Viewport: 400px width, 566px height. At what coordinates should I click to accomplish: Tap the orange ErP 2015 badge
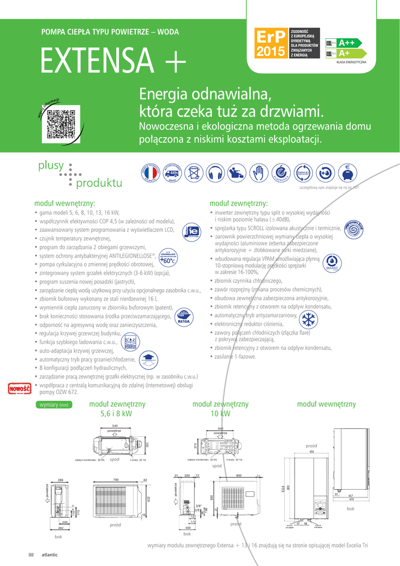click(x=270, y=44)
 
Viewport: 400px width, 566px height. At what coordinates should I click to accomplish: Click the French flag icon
click(x=152, y=172)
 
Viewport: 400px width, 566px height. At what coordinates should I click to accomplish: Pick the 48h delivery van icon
click(x=173, y=172)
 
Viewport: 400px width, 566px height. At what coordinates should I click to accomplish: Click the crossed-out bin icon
click(x=194, y=172)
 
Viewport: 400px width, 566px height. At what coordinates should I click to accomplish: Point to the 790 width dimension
click(x=116, y=479)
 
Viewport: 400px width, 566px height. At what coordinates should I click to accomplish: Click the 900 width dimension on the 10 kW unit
click(x=238, y=476)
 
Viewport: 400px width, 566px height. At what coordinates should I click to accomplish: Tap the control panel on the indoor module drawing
click(x=319, y=505)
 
